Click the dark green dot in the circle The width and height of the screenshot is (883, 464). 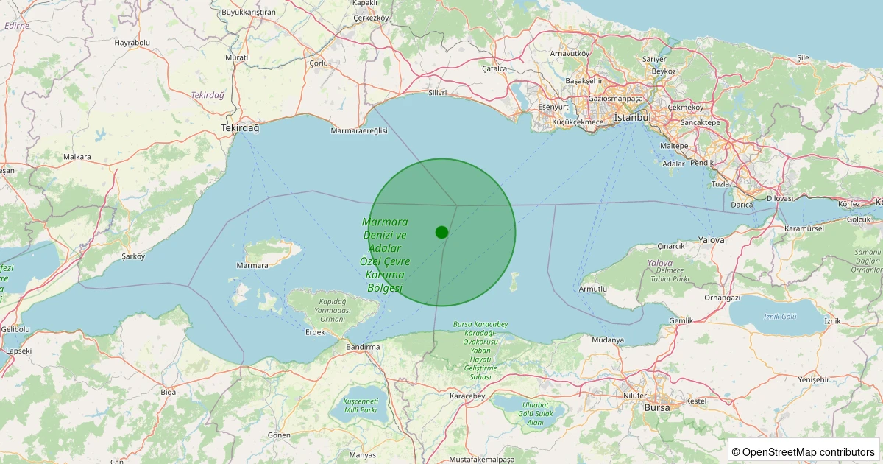pyautogui.click(x=441, y=232)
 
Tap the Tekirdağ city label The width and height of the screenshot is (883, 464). pyautogui.click(x=240, y=128)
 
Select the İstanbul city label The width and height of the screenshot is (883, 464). pyautogui.click(x=633, y=117)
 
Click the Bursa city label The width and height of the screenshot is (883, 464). pyautogui.click(x=657, y=407)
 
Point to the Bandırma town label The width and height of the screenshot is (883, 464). pyautogui.click(x=363, y=346)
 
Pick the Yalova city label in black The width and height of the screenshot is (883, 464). pyautogui.click(x=712, y=240)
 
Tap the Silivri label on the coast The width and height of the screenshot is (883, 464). pyautogui.click(x=437, y=94)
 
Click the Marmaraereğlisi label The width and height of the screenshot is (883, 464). pyautogui.click(x=359, y=130)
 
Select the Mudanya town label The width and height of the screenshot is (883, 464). pyautogui.click(x=608, y=340)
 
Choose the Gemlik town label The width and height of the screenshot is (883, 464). pyautogui.click(x=681, y=320)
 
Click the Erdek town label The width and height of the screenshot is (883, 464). pyautogui.click(x=315, y=332)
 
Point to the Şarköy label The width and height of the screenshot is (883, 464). pyautogui.click(x=134, y=256)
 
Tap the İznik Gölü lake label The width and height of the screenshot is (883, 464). pyautogui.click(x=780, y=316)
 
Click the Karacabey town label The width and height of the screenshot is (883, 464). pyautogui.click(x=467, y=396)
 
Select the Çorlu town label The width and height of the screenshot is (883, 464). pyautogui.click(x=319, y=63)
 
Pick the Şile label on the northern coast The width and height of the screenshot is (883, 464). pyautogui.click(x=803, y=57)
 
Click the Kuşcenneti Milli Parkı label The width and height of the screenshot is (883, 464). pyautogui.click(x=360, y=405)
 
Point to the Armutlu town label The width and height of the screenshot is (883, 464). pyautogui.click(x=593, y=289)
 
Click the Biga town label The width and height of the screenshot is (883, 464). pyautogui.click(x=169, y=392)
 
